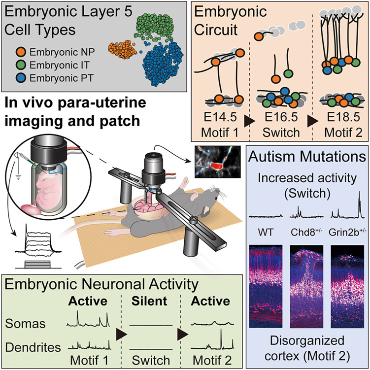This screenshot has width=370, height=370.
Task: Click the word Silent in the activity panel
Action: tap(150, 300)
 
